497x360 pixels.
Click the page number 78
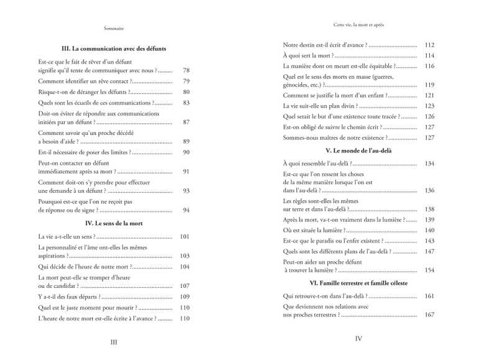[x=186, y=71]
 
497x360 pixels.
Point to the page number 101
[x=184, y=236]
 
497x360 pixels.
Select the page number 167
[x=429, y=315]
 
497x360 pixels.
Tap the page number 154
[x=429, y=270]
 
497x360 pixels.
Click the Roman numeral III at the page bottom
[x=114, y=341]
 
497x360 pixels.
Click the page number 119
[x=429, y=85]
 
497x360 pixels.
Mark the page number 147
[x=429, y=251]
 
